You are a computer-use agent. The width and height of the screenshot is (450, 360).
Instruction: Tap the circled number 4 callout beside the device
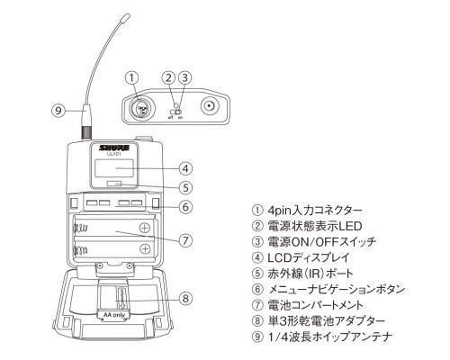[184, 168]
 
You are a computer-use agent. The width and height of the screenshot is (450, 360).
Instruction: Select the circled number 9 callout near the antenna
[58, 111]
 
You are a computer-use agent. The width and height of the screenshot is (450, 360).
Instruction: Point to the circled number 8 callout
[184, 298]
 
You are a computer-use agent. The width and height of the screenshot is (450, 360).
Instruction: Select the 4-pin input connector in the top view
[140, 108]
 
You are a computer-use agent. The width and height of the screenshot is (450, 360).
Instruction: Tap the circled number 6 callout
[184, 206]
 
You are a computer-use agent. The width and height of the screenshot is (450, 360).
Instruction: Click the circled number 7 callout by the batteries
[184, 240]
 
